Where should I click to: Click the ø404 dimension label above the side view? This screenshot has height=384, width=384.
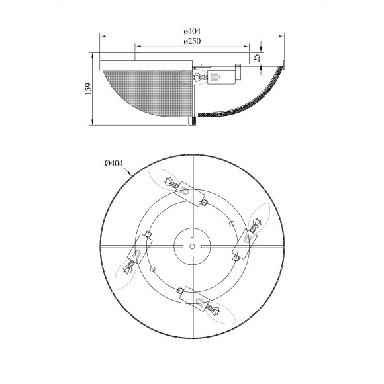[192, 31]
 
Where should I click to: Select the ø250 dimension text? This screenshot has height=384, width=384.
[192, 41]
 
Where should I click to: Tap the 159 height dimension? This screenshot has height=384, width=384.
[88, 89]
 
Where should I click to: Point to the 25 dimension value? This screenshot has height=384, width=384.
[257, 58]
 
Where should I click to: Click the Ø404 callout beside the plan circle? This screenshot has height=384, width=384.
[114, 163]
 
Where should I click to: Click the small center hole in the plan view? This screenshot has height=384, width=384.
[192, 246]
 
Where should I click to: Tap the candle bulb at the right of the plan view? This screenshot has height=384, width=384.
[259, 216]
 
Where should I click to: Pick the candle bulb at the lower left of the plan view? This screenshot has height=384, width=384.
[125, 275]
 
